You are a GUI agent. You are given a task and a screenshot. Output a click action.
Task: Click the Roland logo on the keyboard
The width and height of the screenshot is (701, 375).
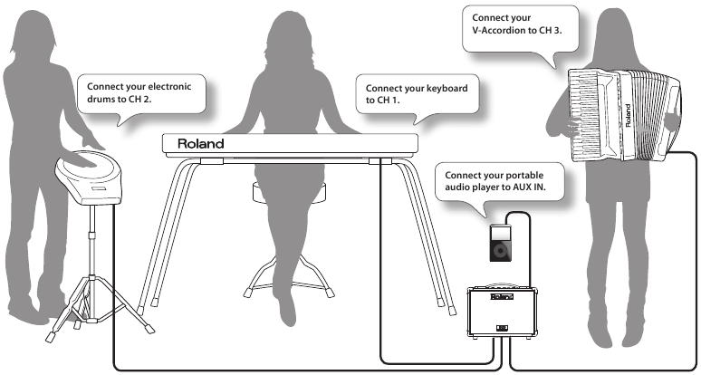pos(200,143)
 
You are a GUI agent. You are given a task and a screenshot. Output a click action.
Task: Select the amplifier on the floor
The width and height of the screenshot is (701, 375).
pos(500,313)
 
